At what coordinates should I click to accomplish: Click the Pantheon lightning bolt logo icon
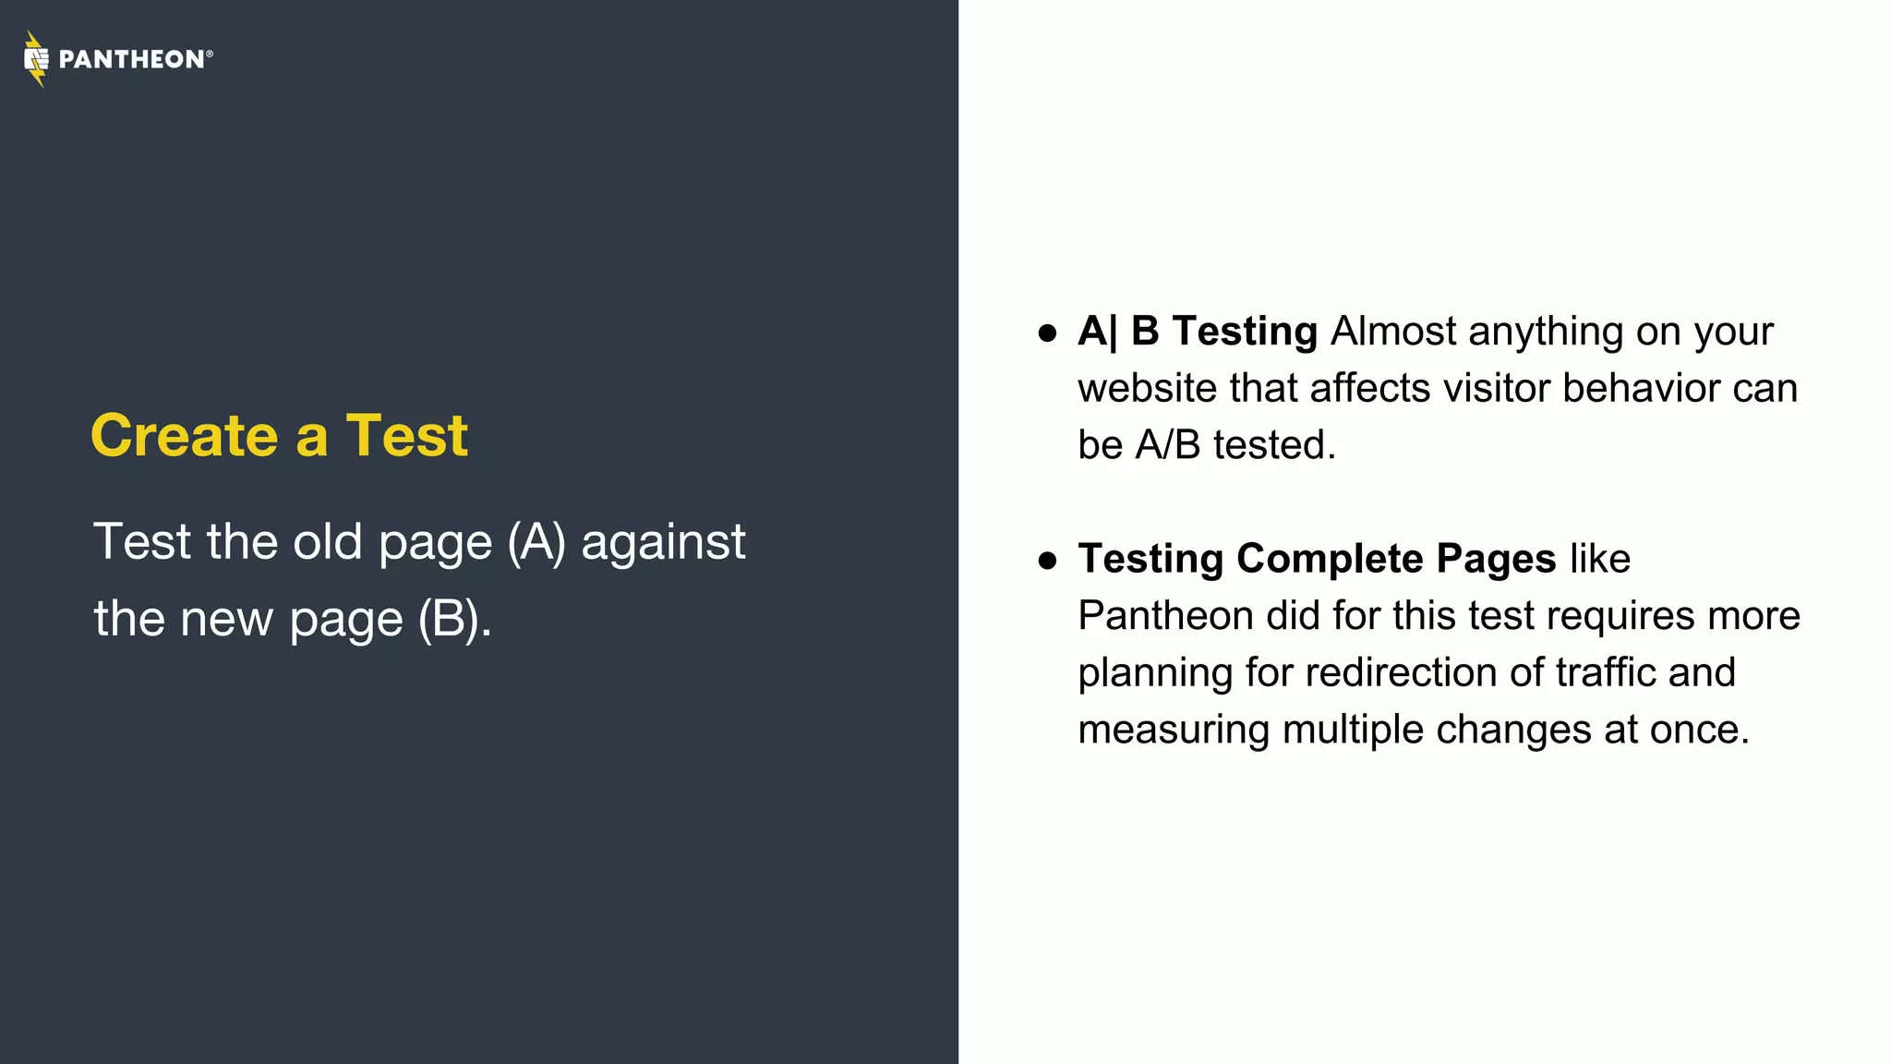point(35,59)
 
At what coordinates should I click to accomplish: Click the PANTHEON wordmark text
point(131,60)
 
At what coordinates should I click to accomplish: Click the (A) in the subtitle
point(536,542)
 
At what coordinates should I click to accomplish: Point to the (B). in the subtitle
point(454,619)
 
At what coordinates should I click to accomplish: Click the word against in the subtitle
point(663,542)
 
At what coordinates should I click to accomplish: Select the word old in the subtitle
point(327,542)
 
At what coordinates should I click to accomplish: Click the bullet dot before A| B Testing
point(1047,333)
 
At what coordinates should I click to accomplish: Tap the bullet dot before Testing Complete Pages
point(1047,561)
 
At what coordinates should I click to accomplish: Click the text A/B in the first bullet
point(1167,445)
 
